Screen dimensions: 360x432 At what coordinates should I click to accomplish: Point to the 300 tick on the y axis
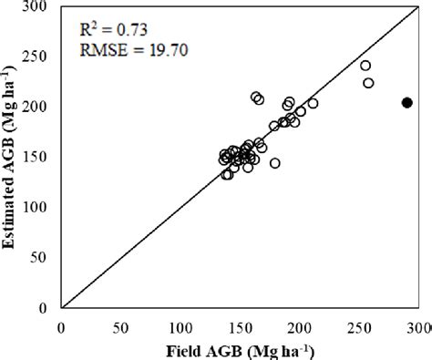(37, 7)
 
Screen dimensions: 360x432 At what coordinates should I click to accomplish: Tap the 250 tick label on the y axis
(37, 57)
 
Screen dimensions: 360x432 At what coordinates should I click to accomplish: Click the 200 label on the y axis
(37, 107)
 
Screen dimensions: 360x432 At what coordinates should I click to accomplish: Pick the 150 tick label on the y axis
(37, 157)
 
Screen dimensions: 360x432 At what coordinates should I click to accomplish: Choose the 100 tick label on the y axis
(37, 208)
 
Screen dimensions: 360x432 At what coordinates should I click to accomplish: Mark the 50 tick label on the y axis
(41, 258)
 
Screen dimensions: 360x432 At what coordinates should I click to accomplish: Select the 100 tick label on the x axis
(180, 325)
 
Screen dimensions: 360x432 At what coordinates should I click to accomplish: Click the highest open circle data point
(365, 66)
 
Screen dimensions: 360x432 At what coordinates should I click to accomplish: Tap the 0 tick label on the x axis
(60, 325)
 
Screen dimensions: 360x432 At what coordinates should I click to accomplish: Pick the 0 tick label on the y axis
(45, 308)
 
